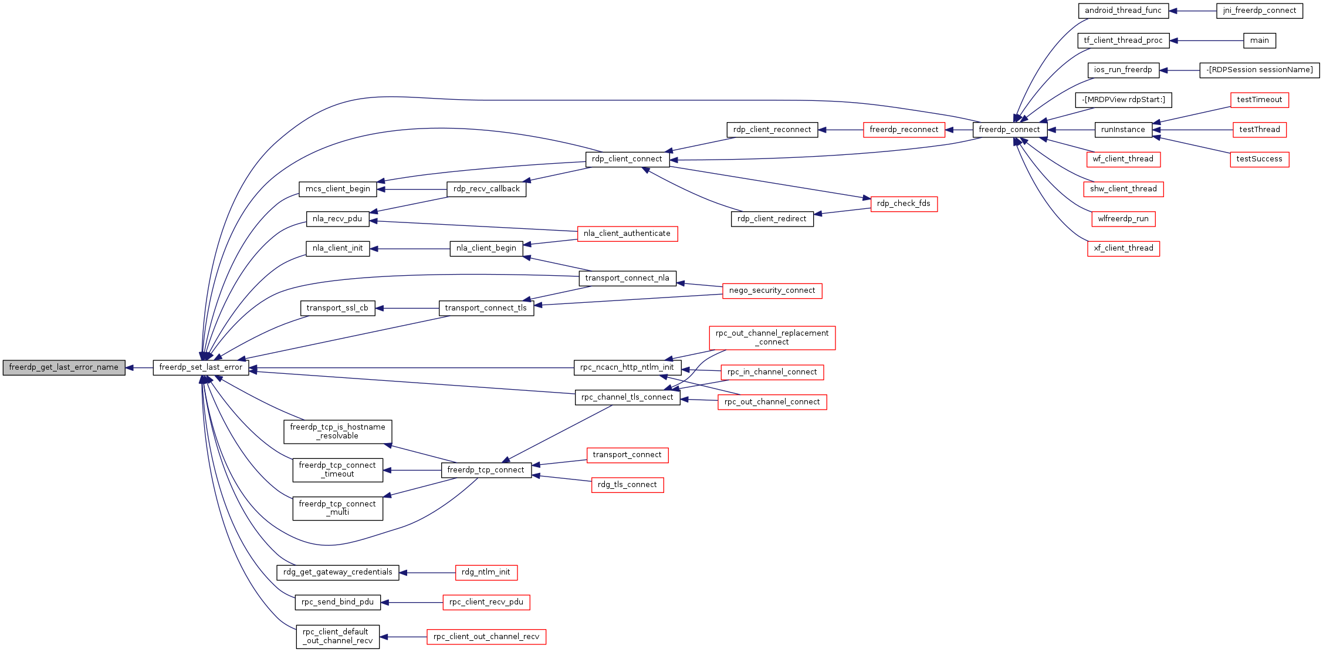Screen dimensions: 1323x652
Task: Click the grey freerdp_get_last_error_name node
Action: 64,367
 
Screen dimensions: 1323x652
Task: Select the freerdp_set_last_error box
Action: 201,367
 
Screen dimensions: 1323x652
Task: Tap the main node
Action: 1260,40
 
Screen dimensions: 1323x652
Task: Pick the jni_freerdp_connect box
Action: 1260,11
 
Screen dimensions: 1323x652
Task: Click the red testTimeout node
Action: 1260,100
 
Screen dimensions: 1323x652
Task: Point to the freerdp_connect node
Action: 1010,130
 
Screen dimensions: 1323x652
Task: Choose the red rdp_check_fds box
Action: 904,204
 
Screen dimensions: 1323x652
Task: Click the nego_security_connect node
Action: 772,290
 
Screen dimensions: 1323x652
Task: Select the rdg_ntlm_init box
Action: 486,572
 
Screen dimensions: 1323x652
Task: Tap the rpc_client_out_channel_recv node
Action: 486,637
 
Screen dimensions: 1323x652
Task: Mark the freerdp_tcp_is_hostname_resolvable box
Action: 338,432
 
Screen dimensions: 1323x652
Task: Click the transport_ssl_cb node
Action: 337,308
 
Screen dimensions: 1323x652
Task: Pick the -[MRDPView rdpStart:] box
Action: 1124,100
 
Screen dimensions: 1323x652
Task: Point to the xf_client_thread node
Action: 1124,248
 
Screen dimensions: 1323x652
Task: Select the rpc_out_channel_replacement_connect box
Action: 772,338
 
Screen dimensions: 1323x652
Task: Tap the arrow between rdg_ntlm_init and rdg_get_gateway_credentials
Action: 427,573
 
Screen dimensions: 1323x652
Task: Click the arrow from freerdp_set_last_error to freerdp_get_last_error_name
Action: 139,368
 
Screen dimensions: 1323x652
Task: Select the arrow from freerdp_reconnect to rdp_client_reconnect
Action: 841,130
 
